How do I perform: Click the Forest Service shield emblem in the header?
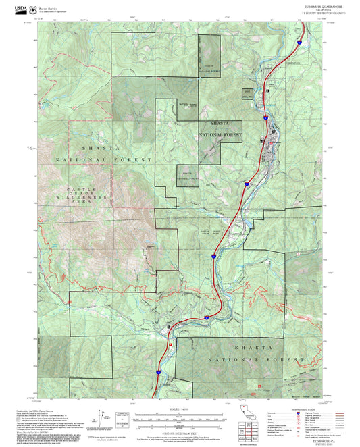[x=34, y=9]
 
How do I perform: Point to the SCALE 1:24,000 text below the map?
[x=180, y=407]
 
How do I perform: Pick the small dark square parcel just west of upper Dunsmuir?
[x=247, y=95]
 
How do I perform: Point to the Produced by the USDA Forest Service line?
[x=43, y=409]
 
